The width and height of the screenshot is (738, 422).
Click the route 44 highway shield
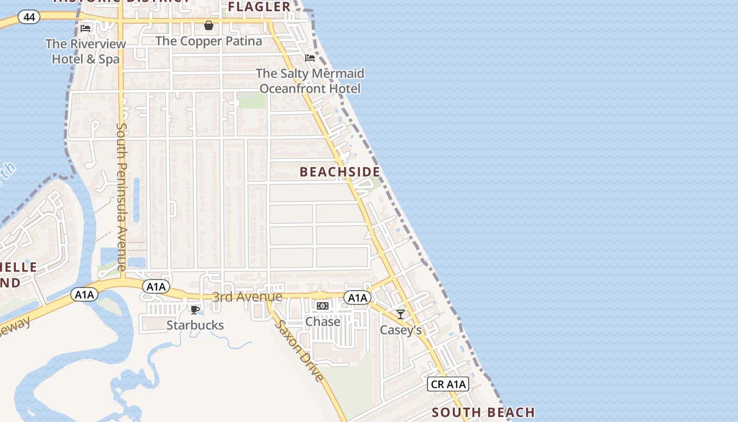click(29, 17)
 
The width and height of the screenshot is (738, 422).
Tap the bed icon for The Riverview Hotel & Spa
click(85, 28)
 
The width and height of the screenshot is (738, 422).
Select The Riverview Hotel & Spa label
click(85, 51)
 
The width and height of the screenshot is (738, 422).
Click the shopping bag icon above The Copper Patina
click(209, 25)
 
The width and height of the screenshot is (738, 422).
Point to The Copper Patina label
click(209, 41)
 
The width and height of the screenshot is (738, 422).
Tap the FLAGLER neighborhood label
click(259, 7)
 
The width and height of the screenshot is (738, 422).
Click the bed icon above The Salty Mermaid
click(310, 57)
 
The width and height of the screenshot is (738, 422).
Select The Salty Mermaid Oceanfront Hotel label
click(310, 81)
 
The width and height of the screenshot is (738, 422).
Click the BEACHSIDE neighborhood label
click(340, 172)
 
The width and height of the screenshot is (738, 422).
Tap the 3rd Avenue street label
click(247, 297)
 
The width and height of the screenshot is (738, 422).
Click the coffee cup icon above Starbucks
click(195, 310)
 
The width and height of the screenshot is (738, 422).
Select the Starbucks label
click(195, 325)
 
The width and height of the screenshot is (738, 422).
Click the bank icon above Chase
click(323, 306)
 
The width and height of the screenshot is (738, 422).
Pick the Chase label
click(323, 321)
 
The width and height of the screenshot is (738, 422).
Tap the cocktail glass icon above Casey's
click(401, 314)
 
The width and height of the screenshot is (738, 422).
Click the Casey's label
click(401, 330)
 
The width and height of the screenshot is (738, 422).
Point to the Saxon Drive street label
click(298, 350)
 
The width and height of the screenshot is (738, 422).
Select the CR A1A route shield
click(448, 384)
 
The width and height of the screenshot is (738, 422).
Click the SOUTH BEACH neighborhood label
click(483, 413)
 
